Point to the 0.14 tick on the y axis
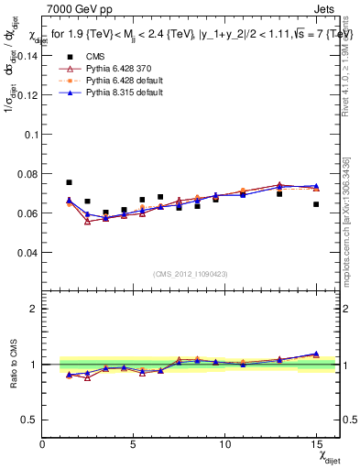pyautogui.click(x=27, y=55)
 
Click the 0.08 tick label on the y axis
pyautogui.click(x=27, y=173)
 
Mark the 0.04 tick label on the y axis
pyautogui.click(x=27, y=252)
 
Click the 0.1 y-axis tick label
pyautogui.click(x=30, y=134)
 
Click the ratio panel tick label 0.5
pyautogui.click(x=30, y=420)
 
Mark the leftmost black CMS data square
pyautogui.click(x=69, y=182)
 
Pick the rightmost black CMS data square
pyautogui.click(x=316, y=204)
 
